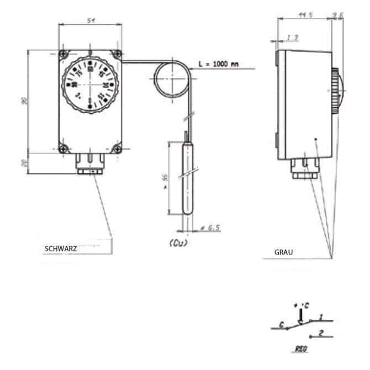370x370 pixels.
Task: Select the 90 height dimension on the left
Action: coord(23,101)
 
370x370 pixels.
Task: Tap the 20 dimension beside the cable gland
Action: coord(23,163)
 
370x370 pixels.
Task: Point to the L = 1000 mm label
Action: coord(219,64)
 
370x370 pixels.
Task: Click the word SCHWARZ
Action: coord(60,249)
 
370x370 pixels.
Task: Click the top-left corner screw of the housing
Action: coord(65,54)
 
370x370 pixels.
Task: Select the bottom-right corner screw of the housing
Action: coord(117,147)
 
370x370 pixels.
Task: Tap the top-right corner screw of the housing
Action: coord(117,54)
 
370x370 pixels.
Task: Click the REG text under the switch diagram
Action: coord(300,349)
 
